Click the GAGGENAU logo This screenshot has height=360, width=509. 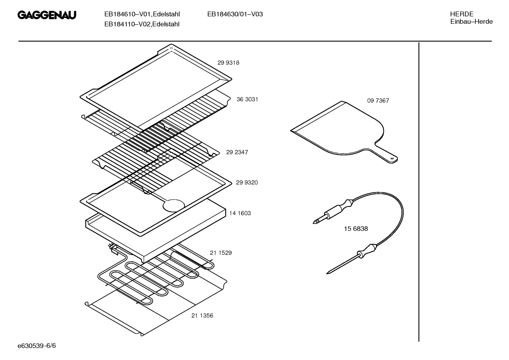coord(47,15)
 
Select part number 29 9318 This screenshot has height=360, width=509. coord(228,63)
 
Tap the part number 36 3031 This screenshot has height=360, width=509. coord(247,99)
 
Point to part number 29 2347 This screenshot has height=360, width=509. coord(237,152)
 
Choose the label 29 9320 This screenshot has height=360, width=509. coord(247,183)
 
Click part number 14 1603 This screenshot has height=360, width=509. coord(240,213)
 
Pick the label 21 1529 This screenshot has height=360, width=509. coord(221,253)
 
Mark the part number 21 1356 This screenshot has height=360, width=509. coord(202,315)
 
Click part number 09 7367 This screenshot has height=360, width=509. coord(378,101)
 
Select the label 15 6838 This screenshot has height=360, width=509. coord(356,229)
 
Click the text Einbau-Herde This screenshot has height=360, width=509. coord(471,22)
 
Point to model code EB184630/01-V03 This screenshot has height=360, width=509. coord(235,14)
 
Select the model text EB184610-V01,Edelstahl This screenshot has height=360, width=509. coord(142,14)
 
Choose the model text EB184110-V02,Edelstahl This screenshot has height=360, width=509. coord(142,24)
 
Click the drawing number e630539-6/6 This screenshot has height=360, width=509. coord(37,346)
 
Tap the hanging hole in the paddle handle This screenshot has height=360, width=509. coord(393,158)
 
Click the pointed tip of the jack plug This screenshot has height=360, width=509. coord(313,222)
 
